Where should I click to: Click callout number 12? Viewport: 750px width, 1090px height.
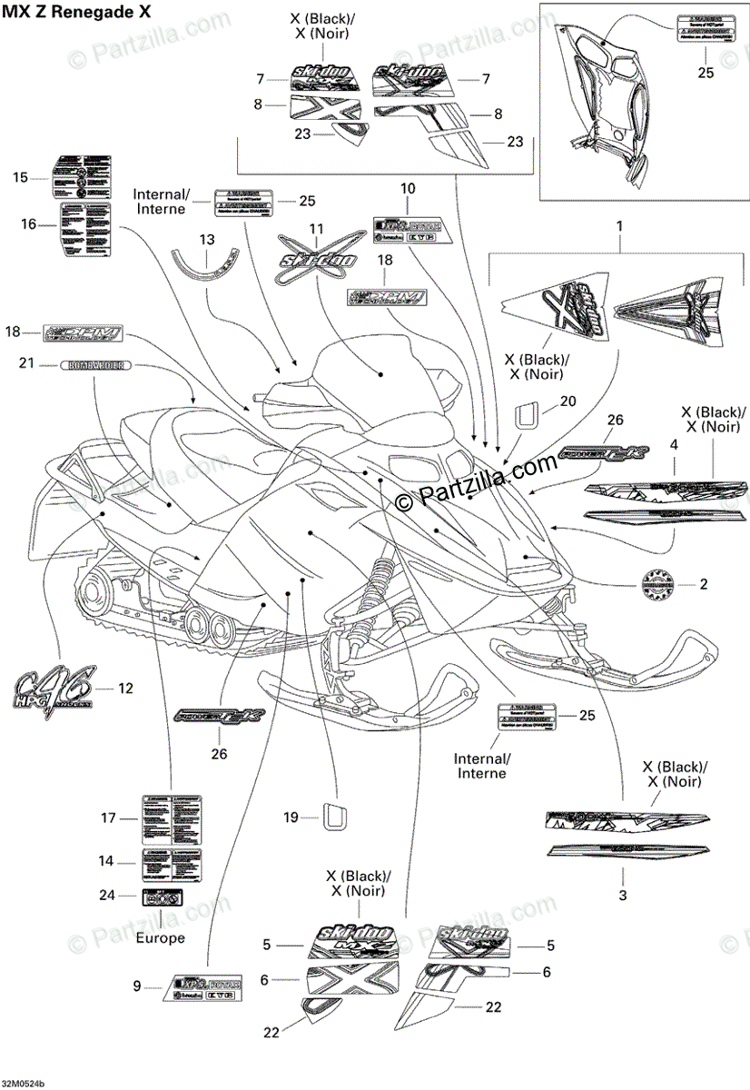[x=125, y=689]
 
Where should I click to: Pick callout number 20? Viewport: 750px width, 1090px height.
[x=567, y=401]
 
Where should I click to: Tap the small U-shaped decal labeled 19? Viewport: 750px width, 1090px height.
[x=335, y=816]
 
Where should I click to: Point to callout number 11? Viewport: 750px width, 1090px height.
[x=316, y=228]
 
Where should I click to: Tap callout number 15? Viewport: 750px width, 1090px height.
[x=21, y=178]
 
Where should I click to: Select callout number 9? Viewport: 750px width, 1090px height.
[x=137, y=986]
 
